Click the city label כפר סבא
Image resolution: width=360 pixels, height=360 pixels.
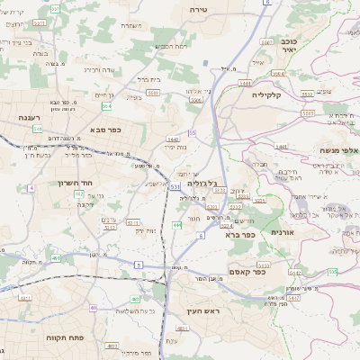(106, 130)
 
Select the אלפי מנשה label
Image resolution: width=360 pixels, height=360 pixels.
(337, 150)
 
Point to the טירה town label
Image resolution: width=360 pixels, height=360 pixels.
(199, 8)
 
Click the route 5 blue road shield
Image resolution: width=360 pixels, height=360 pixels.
(139, 265)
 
